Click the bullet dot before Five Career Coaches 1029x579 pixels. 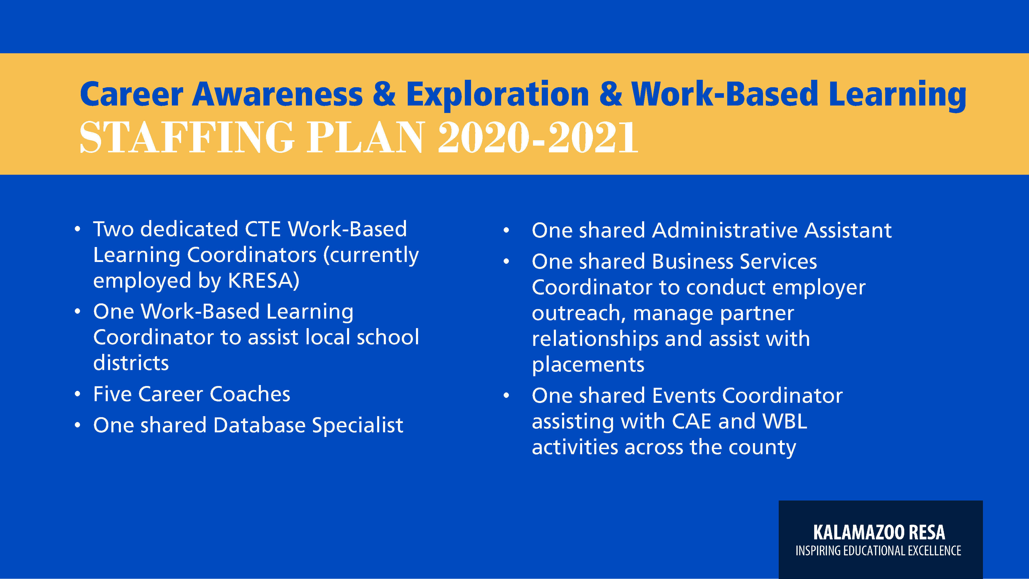coord(77,394)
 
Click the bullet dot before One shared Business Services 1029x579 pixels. coord(506,262)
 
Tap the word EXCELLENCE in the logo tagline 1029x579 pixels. coord(934,551)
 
